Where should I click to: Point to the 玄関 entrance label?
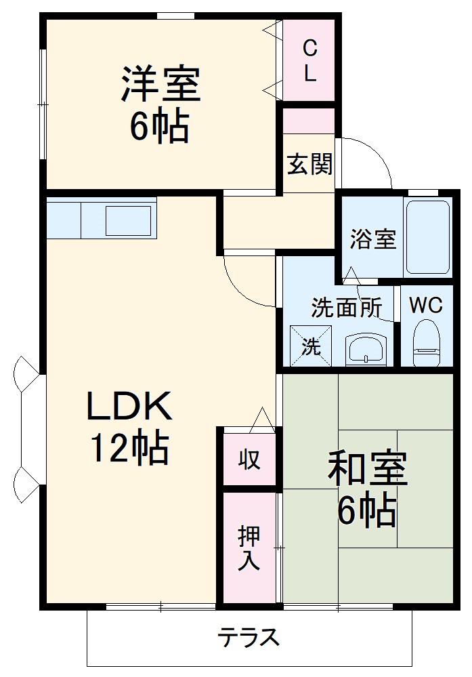(x=309, y=165)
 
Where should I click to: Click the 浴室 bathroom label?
(x=373, y=239)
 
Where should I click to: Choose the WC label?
(x=426, y=306)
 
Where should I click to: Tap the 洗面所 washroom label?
(x=346, y=308)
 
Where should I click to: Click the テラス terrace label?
(x=249, y=638)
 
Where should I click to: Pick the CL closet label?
(x=309, y=60)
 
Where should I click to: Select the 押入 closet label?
(x=249, y=548)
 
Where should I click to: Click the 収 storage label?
(x=249, y=460)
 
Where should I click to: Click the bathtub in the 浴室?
(x=428, y=237)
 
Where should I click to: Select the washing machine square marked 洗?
(x=312, y=347)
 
